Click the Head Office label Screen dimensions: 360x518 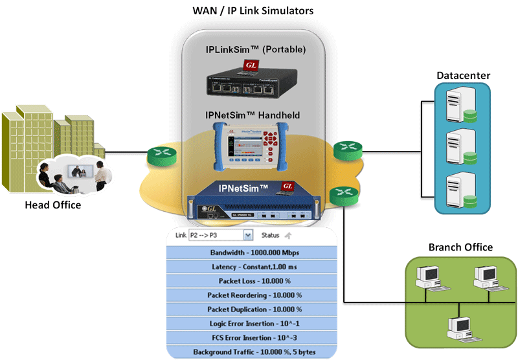(x=52, y=205)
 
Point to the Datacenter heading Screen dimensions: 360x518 (x=463, y=76)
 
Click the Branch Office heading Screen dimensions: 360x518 (x=460, y=247)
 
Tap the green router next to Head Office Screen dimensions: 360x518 (x=157, y=155)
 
